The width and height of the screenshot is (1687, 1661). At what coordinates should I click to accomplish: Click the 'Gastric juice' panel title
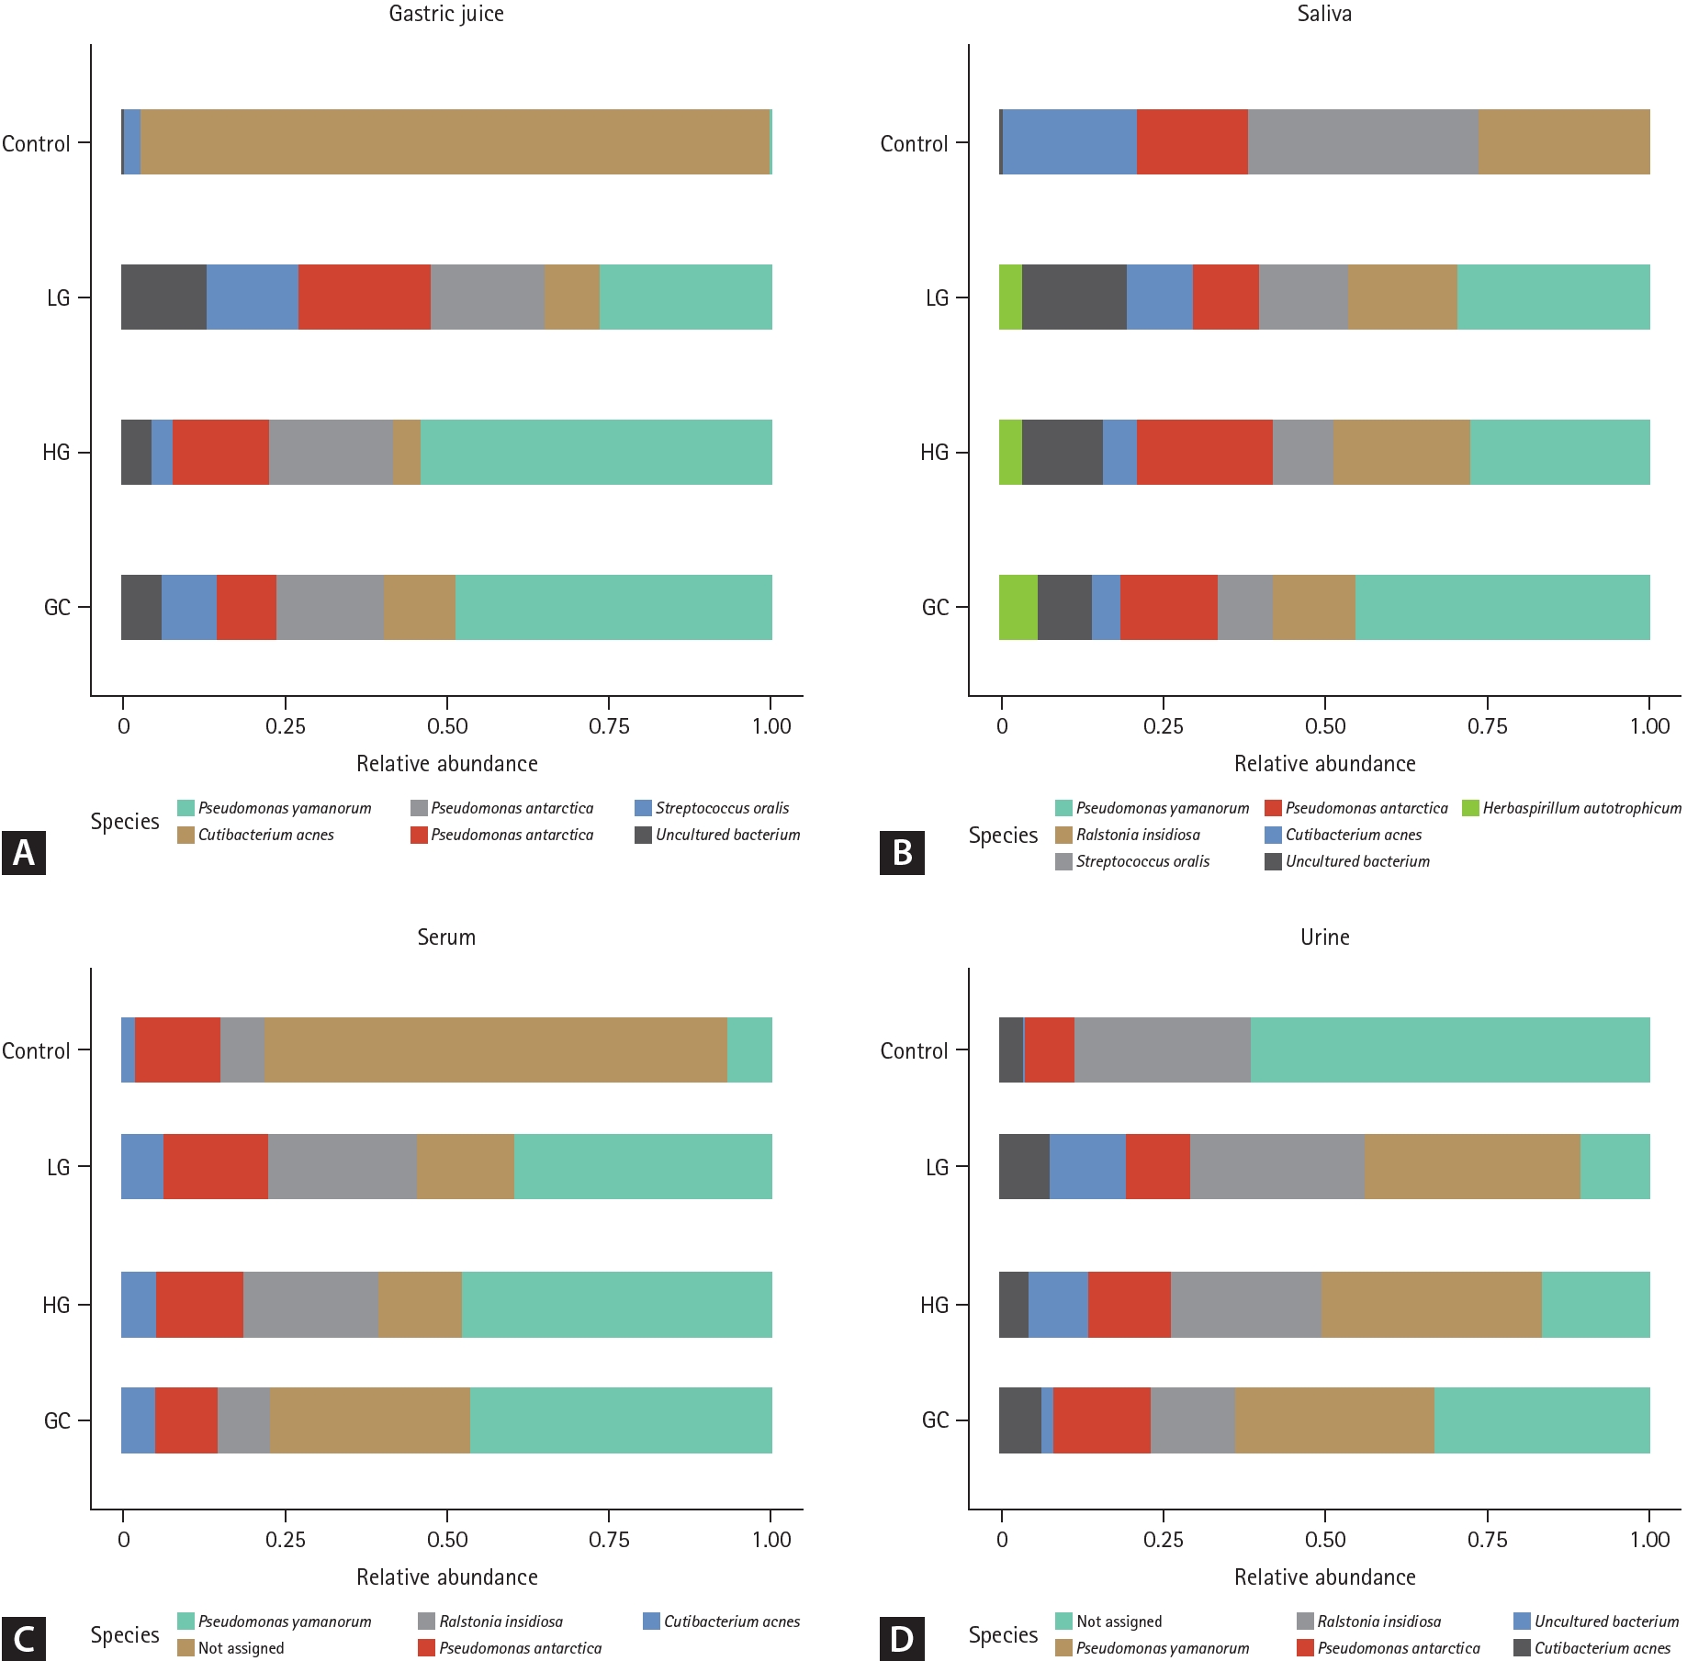[x=446, y=14]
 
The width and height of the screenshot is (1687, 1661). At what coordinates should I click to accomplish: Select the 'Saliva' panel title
[x=1324, y=14]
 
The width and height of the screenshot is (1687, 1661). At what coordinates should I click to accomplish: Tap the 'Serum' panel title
[x=446, y=937]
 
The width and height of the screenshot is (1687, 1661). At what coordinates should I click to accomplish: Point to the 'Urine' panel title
[x=1324, y=937]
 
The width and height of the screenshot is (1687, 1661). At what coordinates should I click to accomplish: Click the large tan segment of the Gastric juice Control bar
[x=455, y=141]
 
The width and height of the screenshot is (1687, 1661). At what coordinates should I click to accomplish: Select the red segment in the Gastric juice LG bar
[x=365, y=297]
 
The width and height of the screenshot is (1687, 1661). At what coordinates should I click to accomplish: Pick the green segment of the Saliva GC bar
[x=1018, y=607]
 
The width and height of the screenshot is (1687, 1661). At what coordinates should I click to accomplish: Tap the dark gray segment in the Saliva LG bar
[x=1074, y=297]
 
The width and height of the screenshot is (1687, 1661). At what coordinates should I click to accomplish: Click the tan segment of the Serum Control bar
[x=496, y=1049]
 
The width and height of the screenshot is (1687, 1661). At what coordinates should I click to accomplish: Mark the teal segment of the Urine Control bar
[x=1450, y=1049]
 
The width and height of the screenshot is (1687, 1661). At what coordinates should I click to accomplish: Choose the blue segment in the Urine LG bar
[x=1087, y=1166]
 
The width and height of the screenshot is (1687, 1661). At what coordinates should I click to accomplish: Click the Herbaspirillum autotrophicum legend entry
[x=1571, y=808]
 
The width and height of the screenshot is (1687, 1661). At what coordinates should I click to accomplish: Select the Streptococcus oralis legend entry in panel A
[x=712, y=808]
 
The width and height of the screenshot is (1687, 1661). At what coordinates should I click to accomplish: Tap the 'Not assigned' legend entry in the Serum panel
[x=231, y=1648]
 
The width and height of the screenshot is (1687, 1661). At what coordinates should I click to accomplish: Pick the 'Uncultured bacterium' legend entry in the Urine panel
[x=1596, y=1622]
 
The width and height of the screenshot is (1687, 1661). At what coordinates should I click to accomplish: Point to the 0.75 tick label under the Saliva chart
[x=1487, y=726]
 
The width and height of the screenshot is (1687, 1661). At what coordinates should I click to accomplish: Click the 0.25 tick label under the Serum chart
[x=285, y=1540]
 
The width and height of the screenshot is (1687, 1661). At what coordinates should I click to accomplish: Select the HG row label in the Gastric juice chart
[x=56, y=453]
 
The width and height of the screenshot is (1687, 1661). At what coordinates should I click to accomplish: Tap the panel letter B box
[x=902, y=853]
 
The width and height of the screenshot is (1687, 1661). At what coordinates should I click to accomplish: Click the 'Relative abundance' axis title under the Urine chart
[x=1324, y=1577]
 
